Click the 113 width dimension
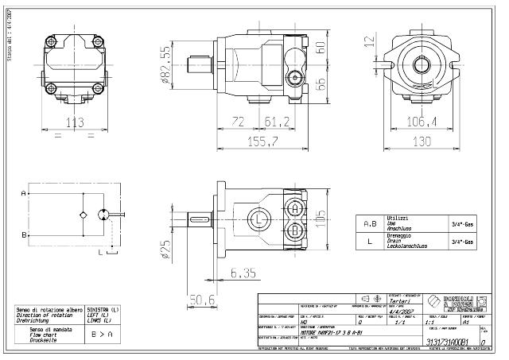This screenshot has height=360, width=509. pyautogui.click(x=74, y=122)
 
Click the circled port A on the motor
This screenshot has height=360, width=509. pyautogui.click(x=295, y=208)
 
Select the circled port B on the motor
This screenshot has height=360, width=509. pyautogui.click(x=295, y=230)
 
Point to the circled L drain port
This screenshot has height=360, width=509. pyautogui.click(x=259, y=219)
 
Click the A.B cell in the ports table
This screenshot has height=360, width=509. pyautogui.click(x=370, y=224)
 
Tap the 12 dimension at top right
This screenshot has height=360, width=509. pyautogui.click(x=367, y=41)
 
